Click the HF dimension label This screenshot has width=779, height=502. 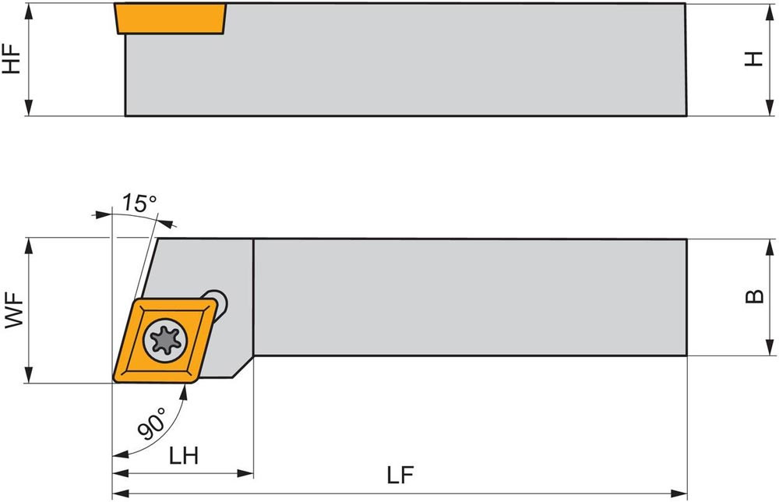[12, 58]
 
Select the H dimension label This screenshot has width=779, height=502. [753, 58]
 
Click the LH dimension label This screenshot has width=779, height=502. [184, 456]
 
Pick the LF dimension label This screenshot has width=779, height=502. [401, 475]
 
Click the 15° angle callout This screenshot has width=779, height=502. [139, 204]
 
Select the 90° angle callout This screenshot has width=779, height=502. [152, 425]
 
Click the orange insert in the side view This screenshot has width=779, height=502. [171, 19]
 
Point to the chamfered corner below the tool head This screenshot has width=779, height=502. [243, 366]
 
